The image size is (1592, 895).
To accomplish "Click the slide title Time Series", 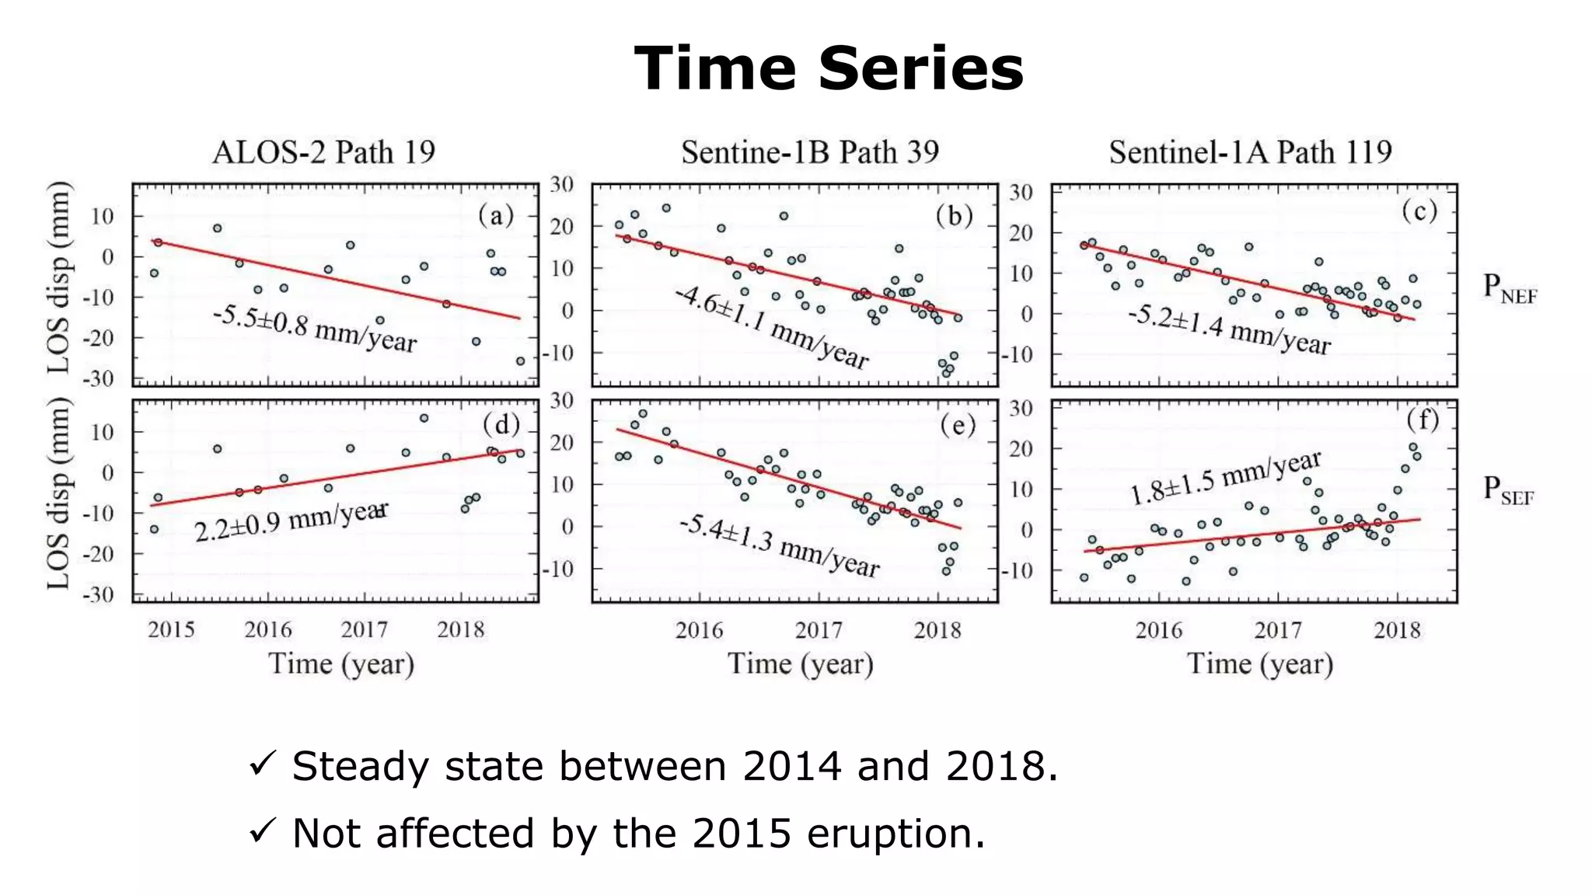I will point(829,68).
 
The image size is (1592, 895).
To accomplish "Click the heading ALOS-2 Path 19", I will point(323,152).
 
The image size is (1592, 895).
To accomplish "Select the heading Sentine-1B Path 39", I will point(810,152).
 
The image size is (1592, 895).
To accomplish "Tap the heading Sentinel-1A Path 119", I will point(1250,152).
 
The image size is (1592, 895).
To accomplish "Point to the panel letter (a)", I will point(496,215).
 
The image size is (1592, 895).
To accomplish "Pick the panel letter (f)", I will point(1423,420).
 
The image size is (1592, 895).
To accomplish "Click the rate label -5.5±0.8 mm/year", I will point(315,329).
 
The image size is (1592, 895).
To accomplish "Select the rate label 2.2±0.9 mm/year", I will point(291,521).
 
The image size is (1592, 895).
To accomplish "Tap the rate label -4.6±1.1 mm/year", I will point(771,327).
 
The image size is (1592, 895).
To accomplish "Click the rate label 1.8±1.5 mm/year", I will point(1225,478).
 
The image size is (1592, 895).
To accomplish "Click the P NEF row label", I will point(1509,289).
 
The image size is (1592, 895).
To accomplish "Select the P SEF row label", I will point(1507,491).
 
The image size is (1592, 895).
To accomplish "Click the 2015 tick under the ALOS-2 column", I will point(171,629).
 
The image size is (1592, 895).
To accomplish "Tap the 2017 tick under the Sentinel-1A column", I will point(1278,630).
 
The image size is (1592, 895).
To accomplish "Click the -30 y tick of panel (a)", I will point(98,379).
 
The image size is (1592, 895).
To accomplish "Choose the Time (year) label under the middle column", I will point(801,664).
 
